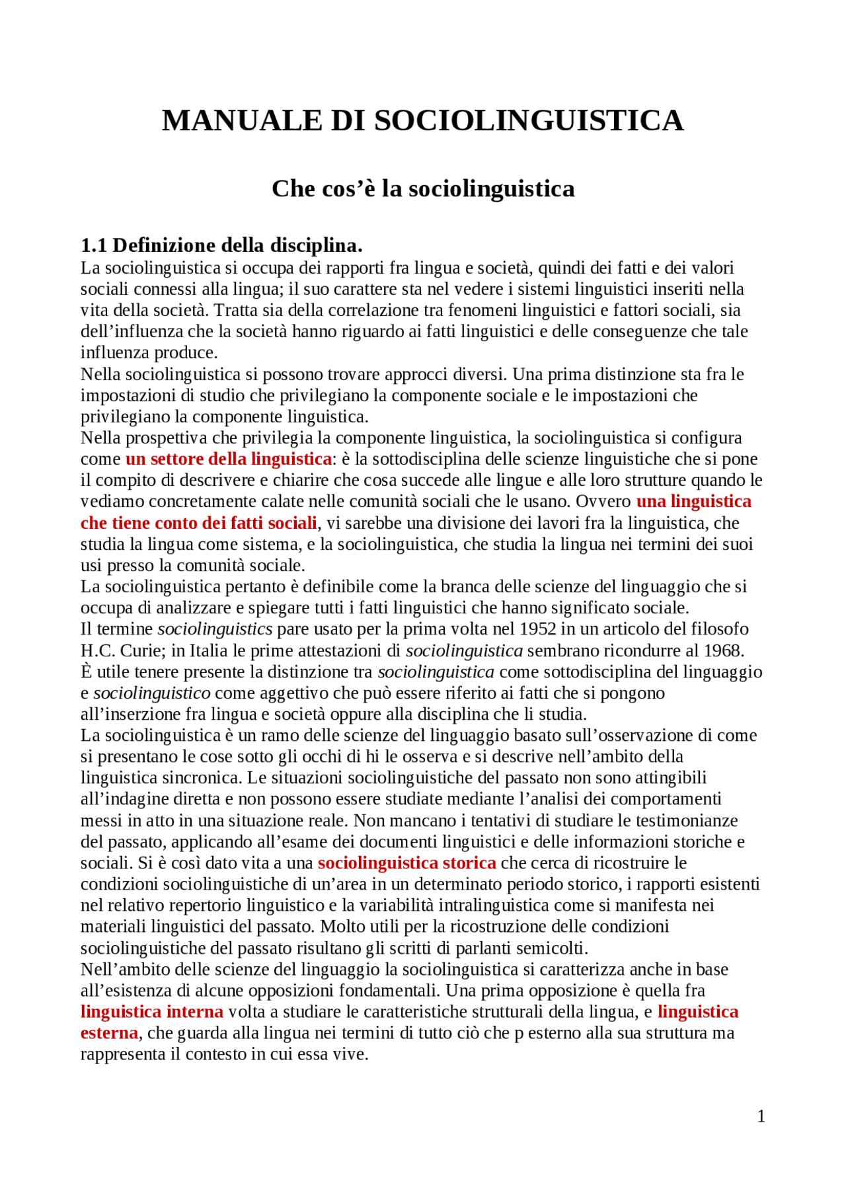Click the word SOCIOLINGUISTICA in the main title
coord(529,121)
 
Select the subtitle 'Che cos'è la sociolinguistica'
coord(423,189)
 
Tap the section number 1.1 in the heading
coord(93,246)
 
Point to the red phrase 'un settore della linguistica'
coord(229,459)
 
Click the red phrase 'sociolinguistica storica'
coord(406,863)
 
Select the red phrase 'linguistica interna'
coord(152,1012)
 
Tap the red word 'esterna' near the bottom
coord(109,1033)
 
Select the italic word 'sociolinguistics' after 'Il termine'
coord(215,629)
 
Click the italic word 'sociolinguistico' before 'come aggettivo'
coord(152,693)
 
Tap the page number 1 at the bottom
coord(761,1116)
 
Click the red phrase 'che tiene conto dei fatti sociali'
coord(198,523)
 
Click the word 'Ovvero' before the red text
coord(603,502)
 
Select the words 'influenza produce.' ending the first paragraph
coord(149,352)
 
